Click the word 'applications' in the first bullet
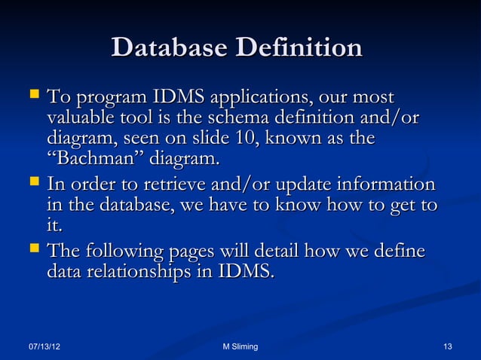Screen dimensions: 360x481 tap(260, 98)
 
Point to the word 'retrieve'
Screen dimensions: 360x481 tap(173, 185)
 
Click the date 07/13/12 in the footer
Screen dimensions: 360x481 tap(44, 346)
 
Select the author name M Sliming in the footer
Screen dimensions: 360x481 tap(240, 346)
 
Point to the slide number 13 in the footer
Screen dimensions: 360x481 tap(448, 346)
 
